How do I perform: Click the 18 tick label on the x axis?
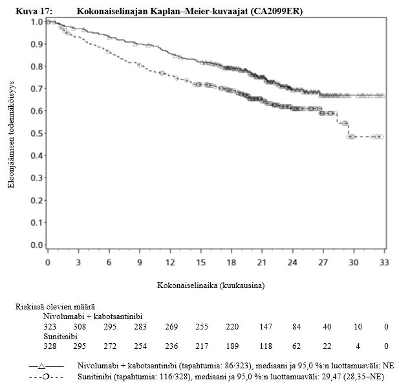231,263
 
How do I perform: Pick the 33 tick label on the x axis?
383,263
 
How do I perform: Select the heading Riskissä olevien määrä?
56,306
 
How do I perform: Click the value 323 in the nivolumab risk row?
50,327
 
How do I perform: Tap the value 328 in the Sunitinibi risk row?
50,347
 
